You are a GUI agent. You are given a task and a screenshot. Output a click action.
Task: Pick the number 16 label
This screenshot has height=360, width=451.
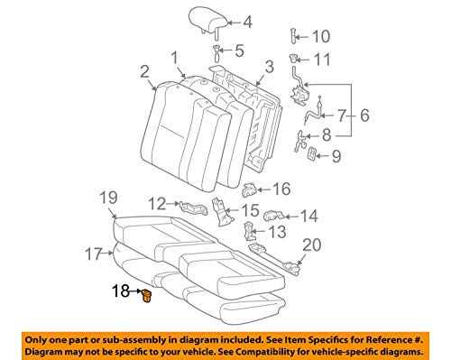click(x=281, y=189)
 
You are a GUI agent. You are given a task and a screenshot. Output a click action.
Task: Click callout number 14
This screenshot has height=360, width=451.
click(x=308, y=217)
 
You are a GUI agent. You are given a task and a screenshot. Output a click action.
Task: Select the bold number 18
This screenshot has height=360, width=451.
click(x=120, y=292)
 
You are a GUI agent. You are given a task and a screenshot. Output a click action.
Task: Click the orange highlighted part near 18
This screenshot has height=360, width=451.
click(x=145, y=294)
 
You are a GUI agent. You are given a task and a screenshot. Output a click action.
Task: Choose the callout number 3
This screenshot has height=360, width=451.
click(x=269, y=67)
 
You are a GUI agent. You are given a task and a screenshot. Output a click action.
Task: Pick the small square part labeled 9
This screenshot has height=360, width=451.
click(x=312, y=156)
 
